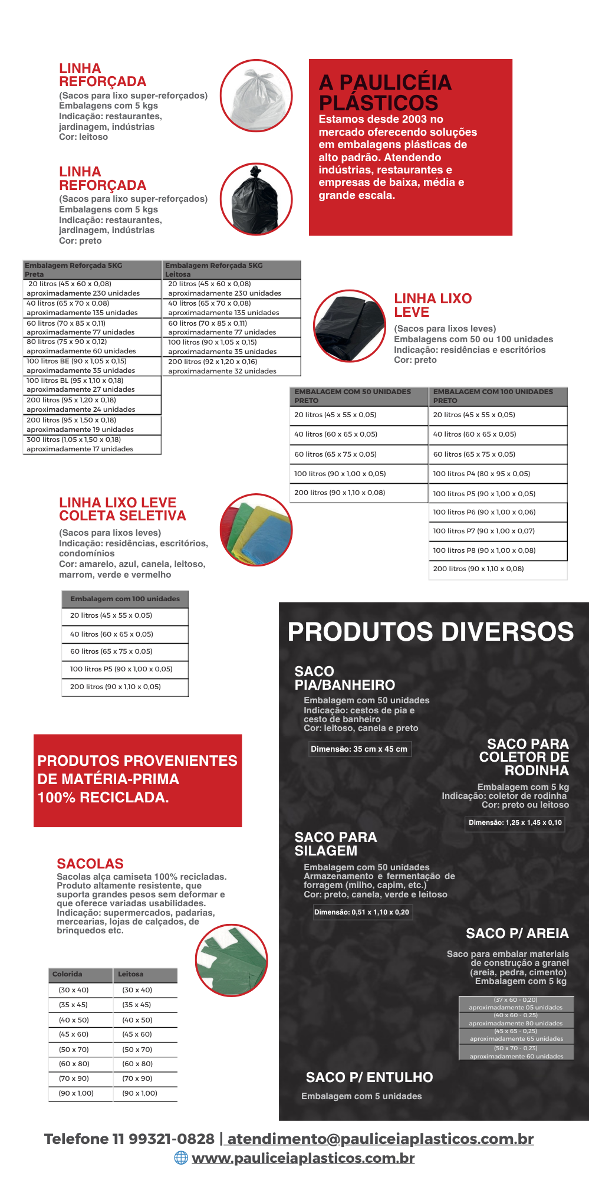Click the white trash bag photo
point(256,96)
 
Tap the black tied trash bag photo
point(256,199)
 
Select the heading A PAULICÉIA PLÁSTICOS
point(385,93)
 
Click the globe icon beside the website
point(181,1158)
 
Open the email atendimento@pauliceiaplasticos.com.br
point(380,1139)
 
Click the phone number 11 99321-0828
point(172,1139)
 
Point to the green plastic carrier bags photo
point(231,960)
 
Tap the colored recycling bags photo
point(256,530)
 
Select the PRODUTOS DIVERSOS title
point(430,632)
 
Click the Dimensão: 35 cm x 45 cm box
point(359,749)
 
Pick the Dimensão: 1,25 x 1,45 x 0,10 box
point(515,822)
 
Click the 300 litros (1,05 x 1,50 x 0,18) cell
point(92,444)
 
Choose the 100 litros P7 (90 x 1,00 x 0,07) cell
point(498,531)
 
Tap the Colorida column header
point(80,974)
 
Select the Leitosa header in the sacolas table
point(145,974)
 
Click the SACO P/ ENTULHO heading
point(369,1077)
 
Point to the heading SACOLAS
point(90,864)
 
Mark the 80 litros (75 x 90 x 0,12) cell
point(92,346)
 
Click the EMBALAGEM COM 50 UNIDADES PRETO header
point(358,396)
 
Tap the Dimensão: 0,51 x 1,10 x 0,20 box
point(361,912)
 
